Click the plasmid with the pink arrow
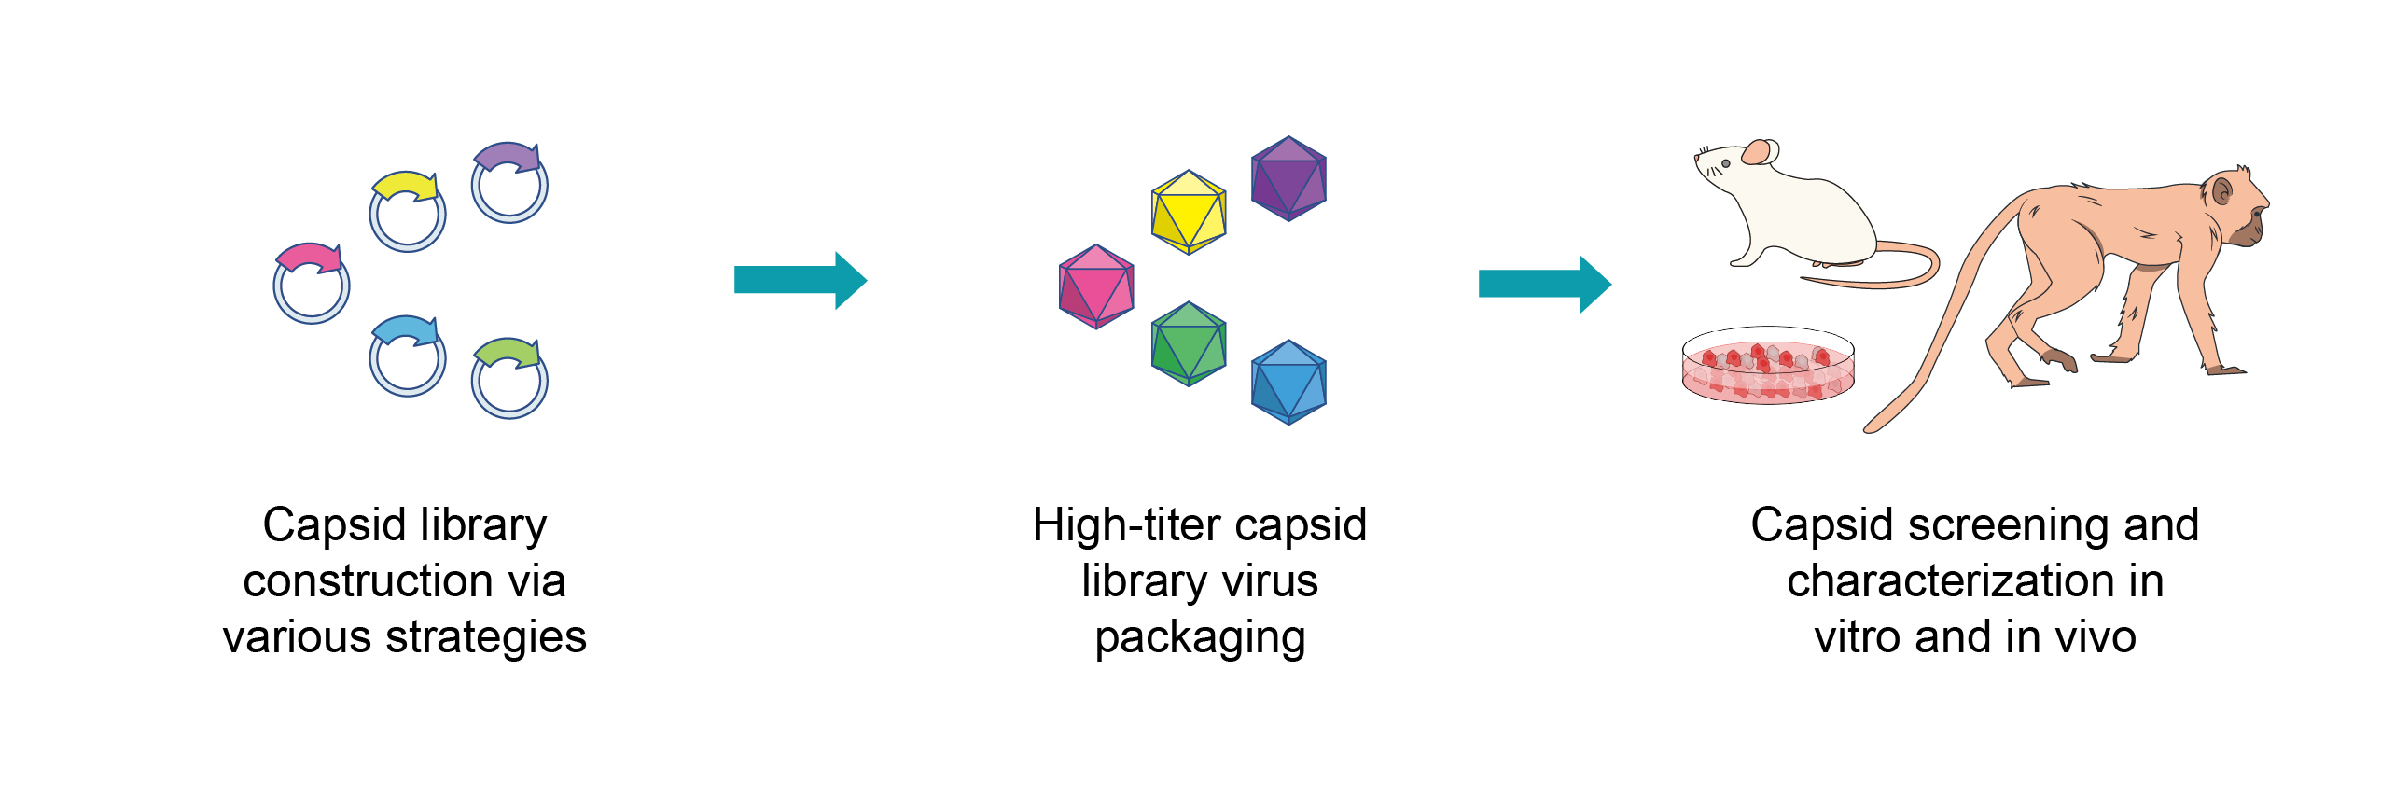tap(312, 284)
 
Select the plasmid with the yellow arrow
tap(408, 212)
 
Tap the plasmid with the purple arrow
tap(509, 183)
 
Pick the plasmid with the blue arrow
tap(408, 356)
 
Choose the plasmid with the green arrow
tap(509, 378)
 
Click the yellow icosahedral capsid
tap(1189, 212)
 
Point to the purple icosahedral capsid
tap(1288, 178)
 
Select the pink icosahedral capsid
tap(1096, 286)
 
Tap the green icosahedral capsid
tap(1189, 343)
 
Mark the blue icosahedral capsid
tap(1288, 382)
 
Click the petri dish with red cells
tap(1768, 366)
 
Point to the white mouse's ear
tap(1759, 152)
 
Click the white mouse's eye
tap(1725, 164)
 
